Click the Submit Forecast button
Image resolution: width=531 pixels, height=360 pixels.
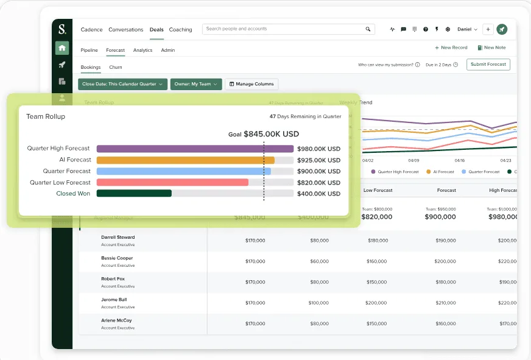[488, 65]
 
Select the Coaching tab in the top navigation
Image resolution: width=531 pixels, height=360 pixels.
[180, 30]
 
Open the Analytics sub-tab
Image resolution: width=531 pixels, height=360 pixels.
[142, 51]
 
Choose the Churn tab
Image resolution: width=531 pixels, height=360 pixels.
[116, 68]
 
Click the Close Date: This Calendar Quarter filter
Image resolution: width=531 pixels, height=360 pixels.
[122, 84]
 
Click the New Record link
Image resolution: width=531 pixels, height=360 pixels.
[451, 48]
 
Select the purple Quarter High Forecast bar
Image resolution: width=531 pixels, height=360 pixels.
[195, 149]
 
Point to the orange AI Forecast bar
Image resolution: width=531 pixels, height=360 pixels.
[185, 160]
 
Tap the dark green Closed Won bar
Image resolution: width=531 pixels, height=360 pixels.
[134, 194]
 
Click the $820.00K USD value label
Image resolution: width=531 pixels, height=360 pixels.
[318, 183]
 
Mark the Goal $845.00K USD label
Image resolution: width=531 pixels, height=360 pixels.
[264, 134]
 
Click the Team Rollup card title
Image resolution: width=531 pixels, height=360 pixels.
[46, 116]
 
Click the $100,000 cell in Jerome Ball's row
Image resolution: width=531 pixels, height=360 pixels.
[318, 303]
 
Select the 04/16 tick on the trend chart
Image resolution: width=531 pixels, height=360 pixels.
[459, 160]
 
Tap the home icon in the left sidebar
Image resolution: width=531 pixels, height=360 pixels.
[62, 48]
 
